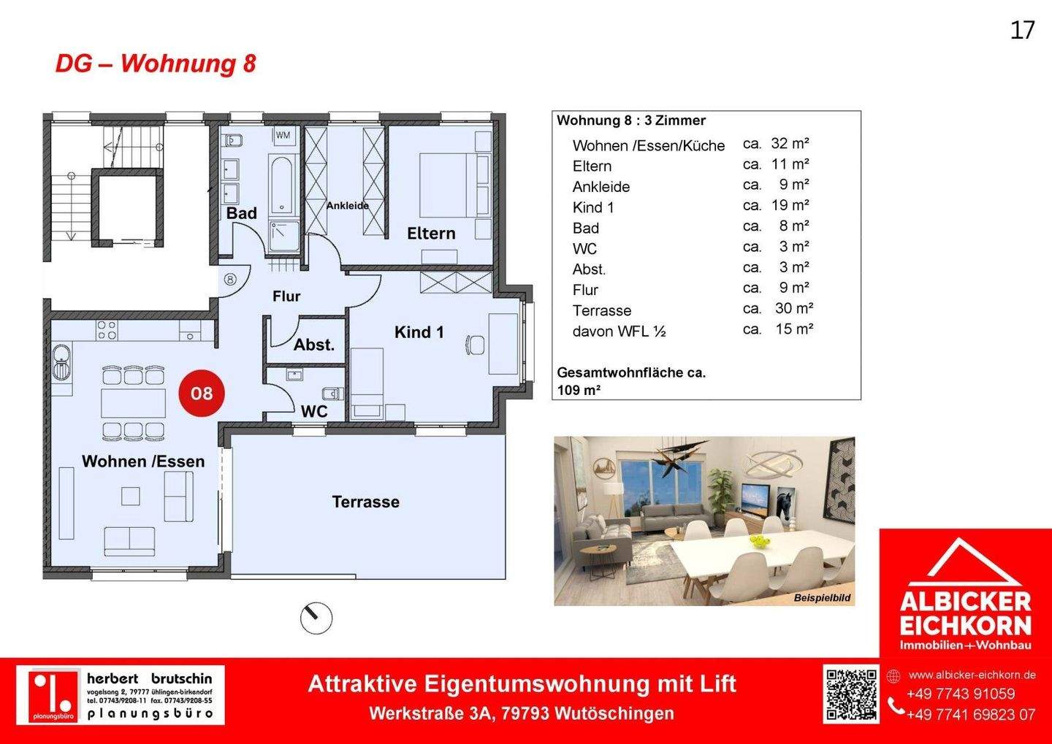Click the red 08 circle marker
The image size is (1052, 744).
[202, 394]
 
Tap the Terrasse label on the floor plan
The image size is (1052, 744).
[365, 502]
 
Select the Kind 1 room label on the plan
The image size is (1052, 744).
[419, 332]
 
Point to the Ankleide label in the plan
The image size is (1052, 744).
[347, 206]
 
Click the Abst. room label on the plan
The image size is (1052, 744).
[314, 345]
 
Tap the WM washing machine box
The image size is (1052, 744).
[283, 135]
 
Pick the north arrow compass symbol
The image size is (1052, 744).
[316, 618]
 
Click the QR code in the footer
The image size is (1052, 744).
[851, 694]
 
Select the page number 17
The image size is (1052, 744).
[1022, 30]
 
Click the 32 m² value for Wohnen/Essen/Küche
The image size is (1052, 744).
[790, 144]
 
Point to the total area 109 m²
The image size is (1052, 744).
[579, 390]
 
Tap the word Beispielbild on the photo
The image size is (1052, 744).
[822, 598]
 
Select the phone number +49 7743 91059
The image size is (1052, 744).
[960, 694]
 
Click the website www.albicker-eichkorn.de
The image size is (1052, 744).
[972, 675]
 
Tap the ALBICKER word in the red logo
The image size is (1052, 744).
[965, 602]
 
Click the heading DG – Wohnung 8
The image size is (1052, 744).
[156, 64]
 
